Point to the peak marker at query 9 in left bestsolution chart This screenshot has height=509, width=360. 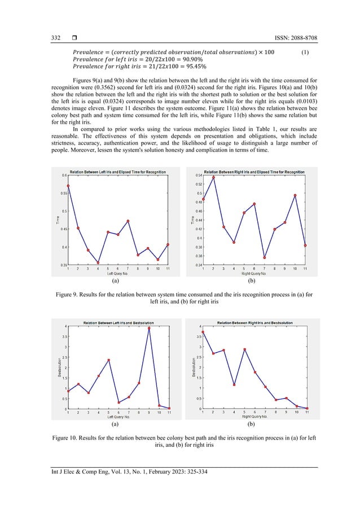point(149,328)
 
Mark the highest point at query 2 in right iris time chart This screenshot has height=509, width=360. point(213,178)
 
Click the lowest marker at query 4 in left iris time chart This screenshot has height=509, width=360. point(98,262)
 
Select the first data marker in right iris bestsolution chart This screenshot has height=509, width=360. point(203,332)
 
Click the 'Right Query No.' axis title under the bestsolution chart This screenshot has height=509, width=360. point(254,418)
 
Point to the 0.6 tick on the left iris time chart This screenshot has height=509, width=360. point(64,175)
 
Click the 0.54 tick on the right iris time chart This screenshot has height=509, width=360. point(198,175)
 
